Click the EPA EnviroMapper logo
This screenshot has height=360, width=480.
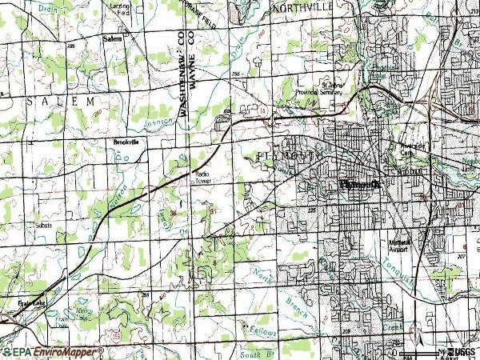53,352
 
